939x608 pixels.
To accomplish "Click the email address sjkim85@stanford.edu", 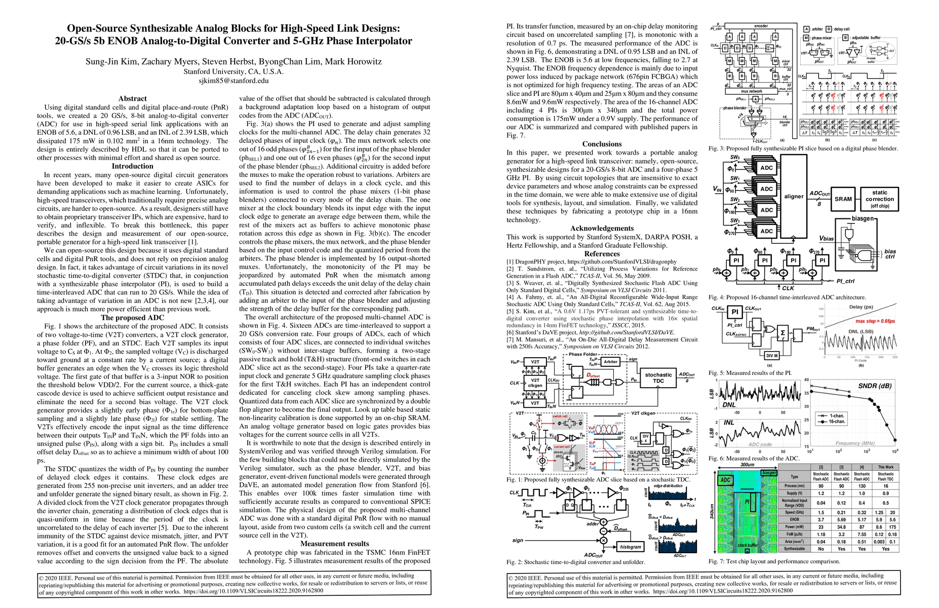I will (x=233, y=81).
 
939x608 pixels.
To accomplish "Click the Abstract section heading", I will (x=132, y=99).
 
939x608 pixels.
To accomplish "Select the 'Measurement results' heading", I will (x=334, y=544).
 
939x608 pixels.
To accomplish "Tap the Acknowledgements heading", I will (x=602, y=229).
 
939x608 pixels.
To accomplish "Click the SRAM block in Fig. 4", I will (x=843, y=199).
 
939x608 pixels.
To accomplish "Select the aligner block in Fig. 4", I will (x=794, y=196).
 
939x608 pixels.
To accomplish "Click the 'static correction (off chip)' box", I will (x=880, y=199).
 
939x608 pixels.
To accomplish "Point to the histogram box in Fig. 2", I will (x=630, y=547).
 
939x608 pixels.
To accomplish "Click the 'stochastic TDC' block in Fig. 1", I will (x=658, y=378).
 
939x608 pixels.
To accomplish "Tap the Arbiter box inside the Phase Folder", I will (x=611, y=362).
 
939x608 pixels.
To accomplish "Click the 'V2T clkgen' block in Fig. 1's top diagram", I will (x=535, y=383).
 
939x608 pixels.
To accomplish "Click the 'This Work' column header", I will (x=885, y=467).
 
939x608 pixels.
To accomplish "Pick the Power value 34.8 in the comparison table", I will (x=841, y=527).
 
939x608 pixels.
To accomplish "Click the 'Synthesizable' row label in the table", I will (x=794, y=549).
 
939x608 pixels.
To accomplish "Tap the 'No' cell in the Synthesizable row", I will (x=821, y=549).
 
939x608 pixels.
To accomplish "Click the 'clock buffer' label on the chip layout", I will (x=748, y=545).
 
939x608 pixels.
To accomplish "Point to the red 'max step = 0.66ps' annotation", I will (x=875, y=321).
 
